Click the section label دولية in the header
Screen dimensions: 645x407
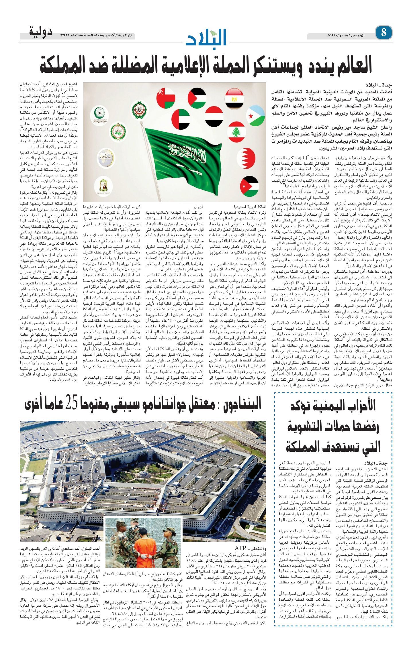pos(41,31)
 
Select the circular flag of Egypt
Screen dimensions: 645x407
pos(234,98)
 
